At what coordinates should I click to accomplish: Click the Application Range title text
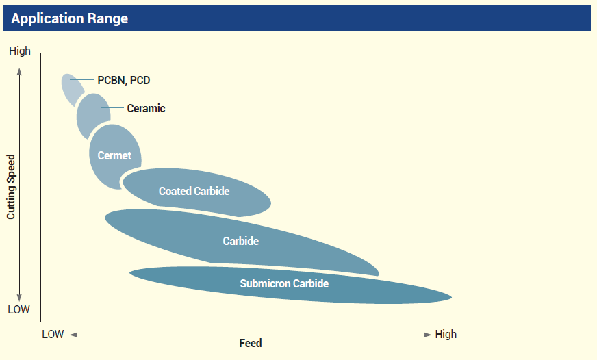pos(70,18)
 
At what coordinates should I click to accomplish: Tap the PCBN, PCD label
pos(123,81)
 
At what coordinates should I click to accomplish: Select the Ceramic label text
pos(146,108)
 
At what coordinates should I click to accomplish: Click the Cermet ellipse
pos(114,156)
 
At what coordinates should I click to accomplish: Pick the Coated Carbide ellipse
pos(194,192)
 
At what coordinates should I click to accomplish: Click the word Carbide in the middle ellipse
pos(240,241)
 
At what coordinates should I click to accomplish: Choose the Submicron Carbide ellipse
pos(284,283)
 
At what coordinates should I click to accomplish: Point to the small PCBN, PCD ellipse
pos(71,88)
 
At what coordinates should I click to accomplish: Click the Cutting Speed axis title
pos(11,185)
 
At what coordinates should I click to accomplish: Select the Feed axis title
pos(251,343)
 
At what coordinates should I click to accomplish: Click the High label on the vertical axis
pos(20,51)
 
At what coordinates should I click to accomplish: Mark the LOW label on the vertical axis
pos(19,309)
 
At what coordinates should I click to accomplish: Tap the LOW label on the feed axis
pos(53,335)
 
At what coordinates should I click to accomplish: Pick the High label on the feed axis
pos(446,335)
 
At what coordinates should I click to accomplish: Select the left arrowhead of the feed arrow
pos(72,335)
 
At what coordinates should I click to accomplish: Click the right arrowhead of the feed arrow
pos(428,335)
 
